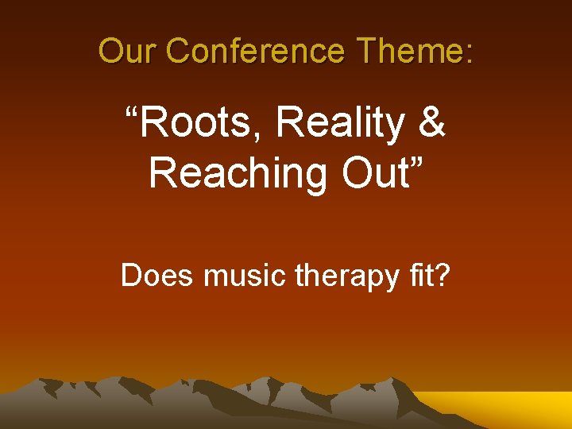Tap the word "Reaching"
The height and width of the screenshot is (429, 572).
pos(238,173)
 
